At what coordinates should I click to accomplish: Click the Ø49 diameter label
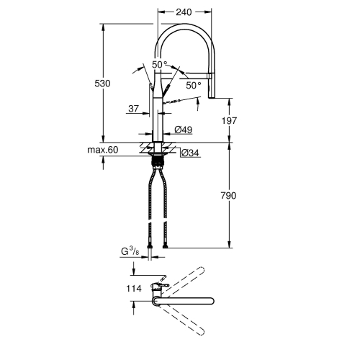click(184, 130)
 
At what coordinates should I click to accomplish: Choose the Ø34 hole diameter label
click(189, 153)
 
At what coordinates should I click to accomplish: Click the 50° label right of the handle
click(194, 85)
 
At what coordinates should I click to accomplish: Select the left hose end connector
click(150, 248)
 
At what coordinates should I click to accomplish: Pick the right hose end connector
click(167, 248)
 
